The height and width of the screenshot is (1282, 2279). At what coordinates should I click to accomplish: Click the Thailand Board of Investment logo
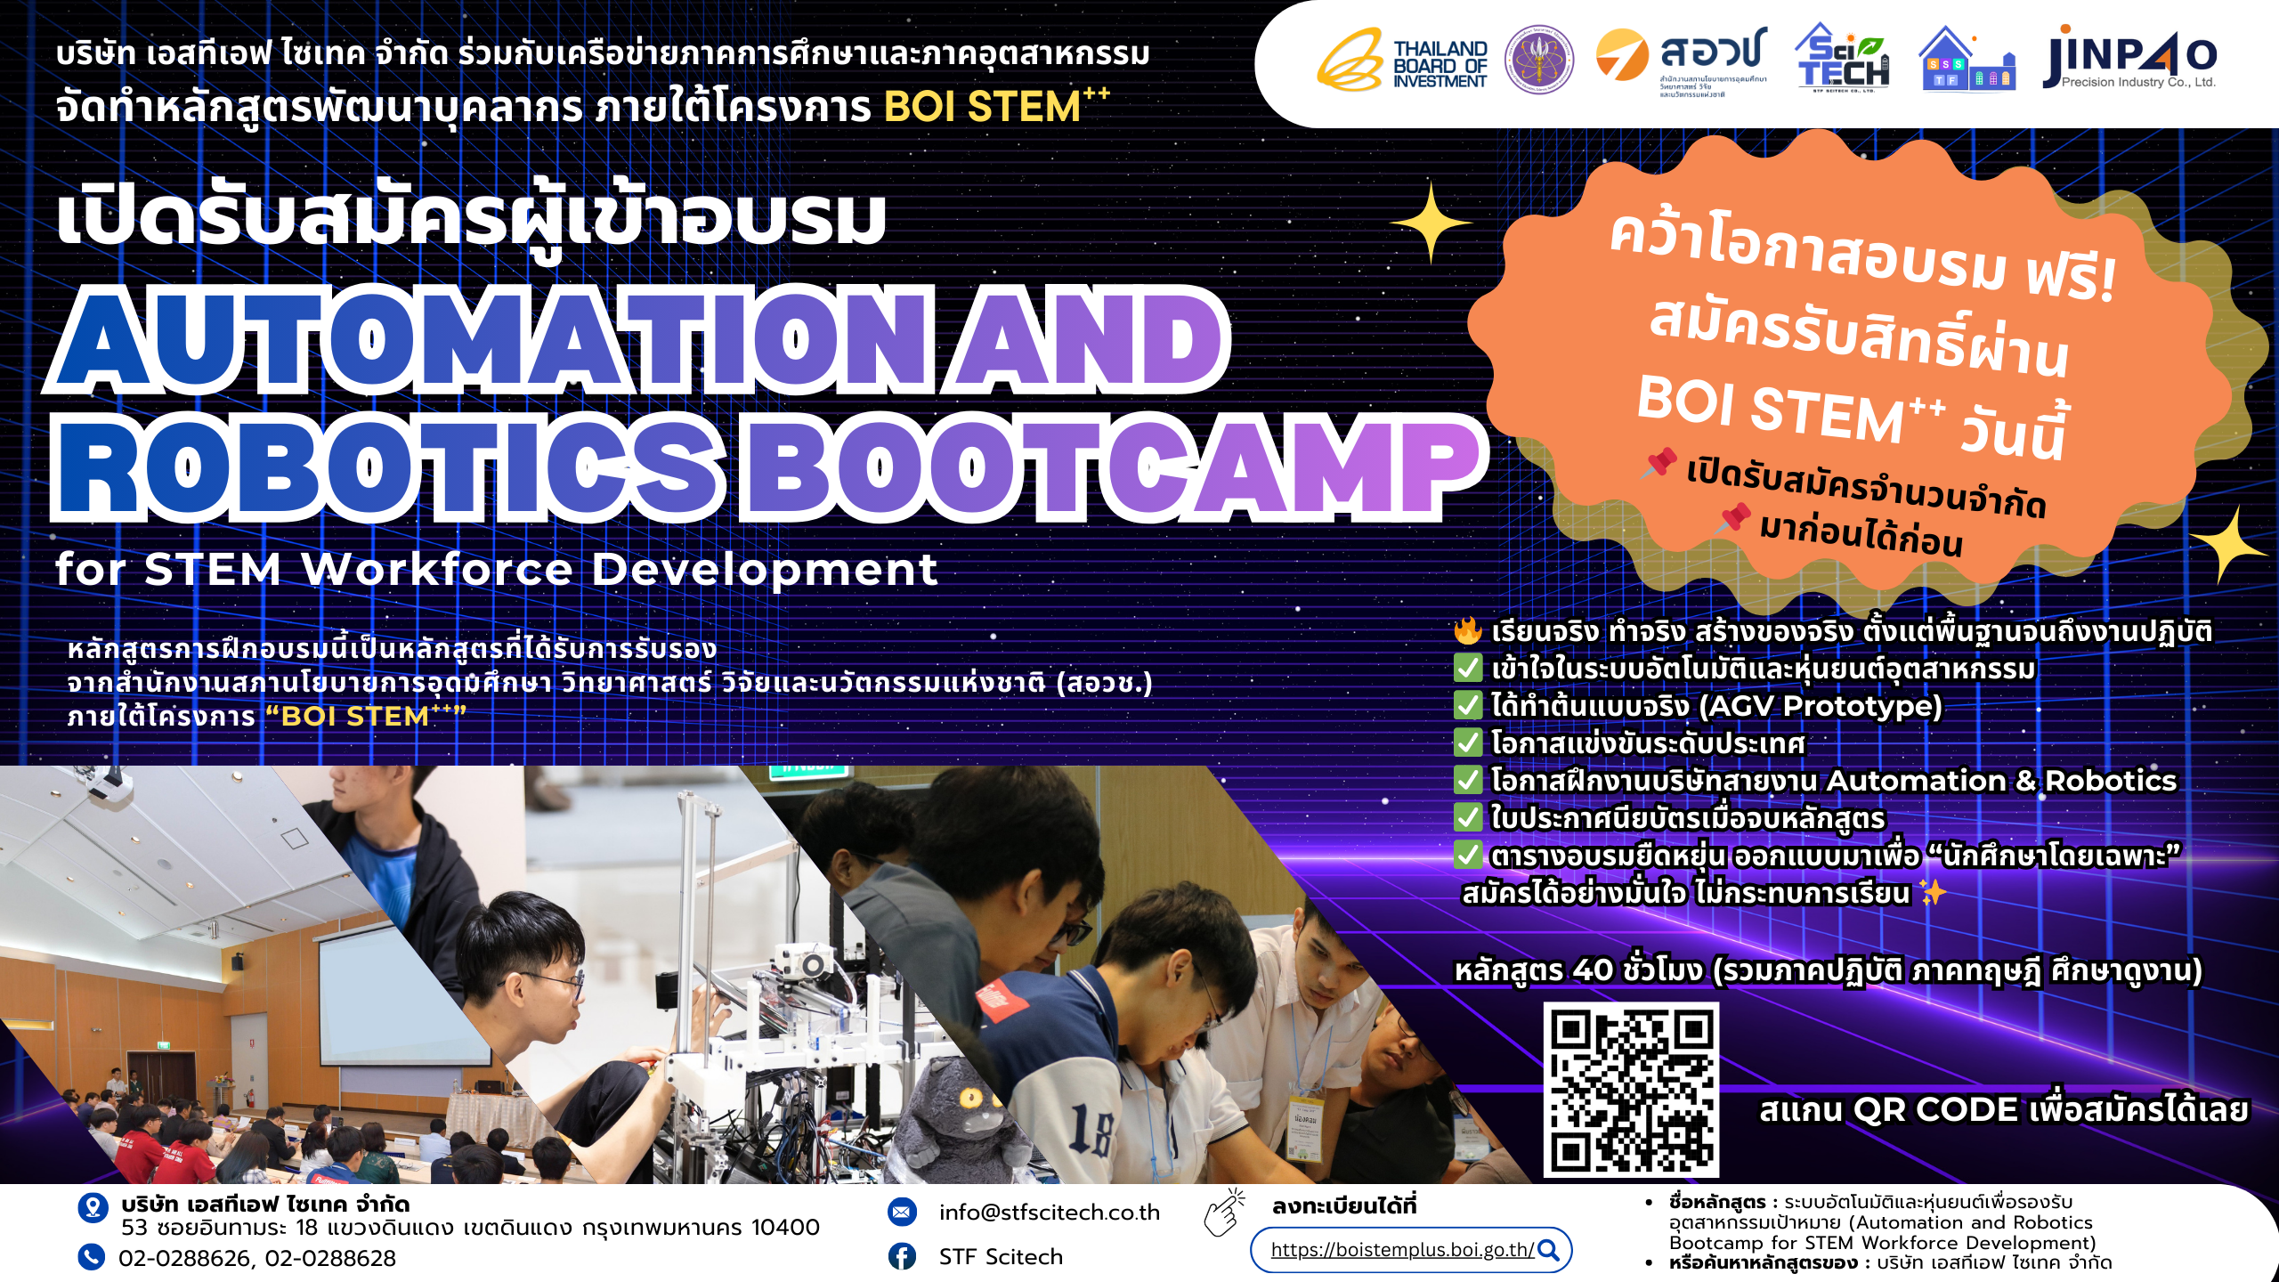point(1403,61)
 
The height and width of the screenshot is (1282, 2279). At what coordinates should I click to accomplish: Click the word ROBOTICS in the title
point(387,467)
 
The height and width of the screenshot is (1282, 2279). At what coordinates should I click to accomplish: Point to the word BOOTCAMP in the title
point(1113,467)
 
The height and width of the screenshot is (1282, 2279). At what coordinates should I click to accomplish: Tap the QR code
point(1631,1090)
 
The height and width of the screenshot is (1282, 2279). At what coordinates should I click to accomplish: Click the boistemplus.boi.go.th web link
point(1401,1250)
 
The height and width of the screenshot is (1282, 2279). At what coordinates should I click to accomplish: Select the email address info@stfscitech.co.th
point(1049,1213)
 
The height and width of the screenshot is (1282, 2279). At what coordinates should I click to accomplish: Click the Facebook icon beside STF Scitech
point(902,1256)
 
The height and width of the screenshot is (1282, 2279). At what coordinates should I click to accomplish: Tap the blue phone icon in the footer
point(91,1256)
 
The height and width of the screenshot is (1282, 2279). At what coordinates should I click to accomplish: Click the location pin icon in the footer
point(93,1208)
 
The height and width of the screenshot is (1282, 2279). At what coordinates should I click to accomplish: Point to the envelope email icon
point(902,1212)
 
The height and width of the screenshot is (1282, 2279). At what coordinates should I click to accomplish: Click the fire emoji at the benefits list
point(1467,630)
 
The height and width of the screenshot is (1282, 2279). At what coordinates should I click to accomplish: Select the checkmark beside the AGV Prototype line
point(1467,705)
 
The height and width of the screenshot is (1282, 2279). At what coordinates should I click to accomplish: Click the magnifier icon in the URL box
point(1549,1250)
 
